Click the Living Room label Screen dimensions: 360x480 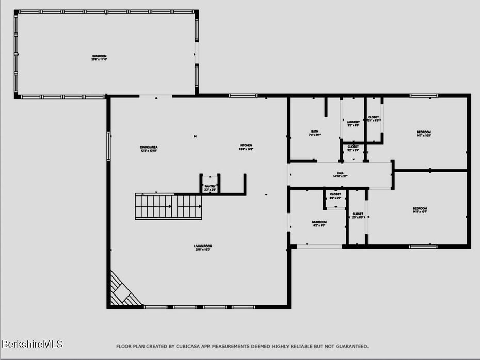tap(203, 247)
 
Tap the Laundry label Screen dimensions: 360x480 tap(353, 123)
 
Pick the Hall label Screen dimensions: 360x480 tap(340, 174)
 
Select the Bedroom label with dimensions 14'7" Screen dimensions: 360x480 tap(423, 133)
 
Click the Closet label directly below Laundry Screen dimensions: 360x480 tap(353, 147)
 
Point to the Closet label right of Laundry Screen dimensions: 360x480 tap(373, 118)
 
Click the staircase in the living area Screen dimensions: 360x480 tap(168, 206)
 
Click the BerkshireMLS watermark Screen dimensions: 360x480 tap(32, 343)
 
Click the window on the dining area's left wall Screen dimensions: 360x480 tap(108, 146)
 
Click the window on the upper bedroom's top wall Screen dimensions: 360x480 tap(424, 95)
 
